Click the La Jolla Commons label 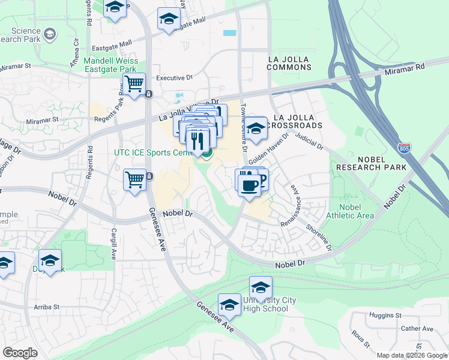[x=294, y=63]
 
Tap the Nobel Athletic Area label [x=350, y=211]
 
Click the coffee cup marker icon [x=249, y=184]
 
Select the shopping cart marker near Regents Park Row [x=134, y=84]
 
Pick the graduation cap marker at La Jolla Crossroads [x=256, y=129]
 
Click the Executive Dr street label [x=174, y=78]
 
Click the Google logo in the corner [x=20, y=353]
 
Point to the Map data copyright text [x=412, y=355]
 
